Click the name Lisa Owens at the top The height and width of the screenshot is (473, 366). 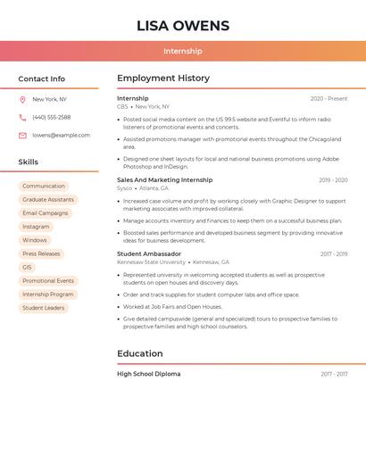coord(183,26)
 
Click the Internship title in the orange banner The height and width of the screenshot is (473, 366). coord(183,51)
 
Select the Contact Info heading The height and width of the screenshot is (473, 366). coord(42,79)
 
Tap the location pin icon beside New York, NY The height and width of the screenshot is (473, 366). coord(22,99)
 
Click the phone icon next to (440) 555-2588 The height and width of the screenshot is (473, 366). coord(22,117)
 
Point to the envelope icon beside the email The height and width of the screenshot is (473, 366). coord(22,136)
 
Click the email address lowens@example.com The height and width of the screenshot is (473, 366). coord(61,136)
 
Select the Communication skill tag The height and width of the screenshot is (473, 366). coord(44,187)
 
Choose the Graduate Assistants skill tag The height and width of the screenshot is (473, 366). coord(48,200)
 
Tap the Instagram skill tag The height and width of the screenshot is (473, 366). coord(36,227)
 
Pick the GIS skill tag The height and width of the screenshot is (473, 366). coord(27,267)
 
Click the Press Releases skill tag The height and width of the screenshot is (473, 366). coord(41,253)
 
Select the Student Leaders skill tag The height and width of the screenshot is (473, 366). coord(44,308)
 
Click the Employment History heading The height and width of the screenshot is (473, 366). coord(163,79)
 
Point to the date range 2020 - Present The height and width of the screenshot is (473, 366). coord(329,99)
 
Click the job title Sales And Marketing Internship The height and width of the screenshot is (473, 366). coord(164,180)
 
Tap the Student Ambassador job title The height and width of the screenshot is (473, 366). coord(149,254)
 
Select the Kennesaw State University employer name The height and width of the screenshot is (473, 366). coord(151,262)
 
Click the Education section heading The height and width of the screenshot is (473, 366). coord(139,353)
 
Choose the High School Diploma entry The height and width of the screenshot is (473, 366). coord(148,374)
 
